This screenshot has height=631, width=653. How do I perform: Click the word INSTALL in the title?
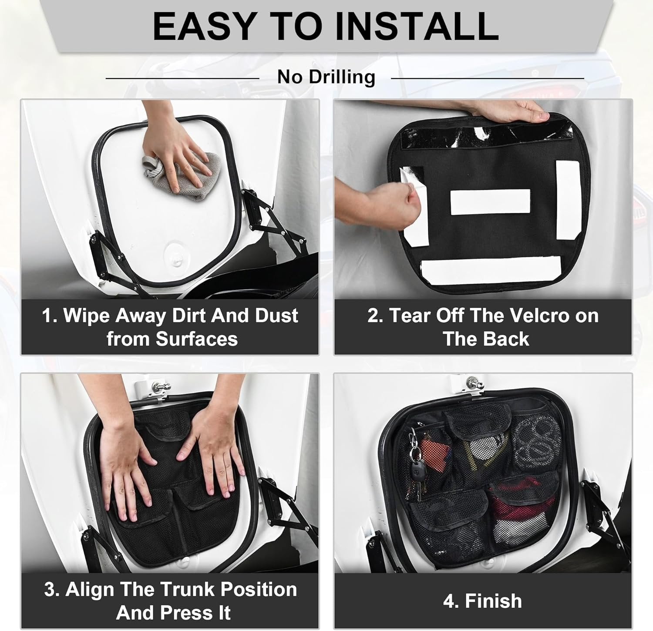[x=417, y=27]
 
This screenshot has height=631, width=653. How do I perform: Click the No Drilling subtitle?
[x=326, y=77]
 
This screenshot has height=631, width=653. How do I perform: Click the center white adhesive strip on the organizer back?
[x=490, y=202]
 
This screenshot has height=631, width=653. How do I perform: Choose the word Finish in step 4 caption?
[x=493, y=601]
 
